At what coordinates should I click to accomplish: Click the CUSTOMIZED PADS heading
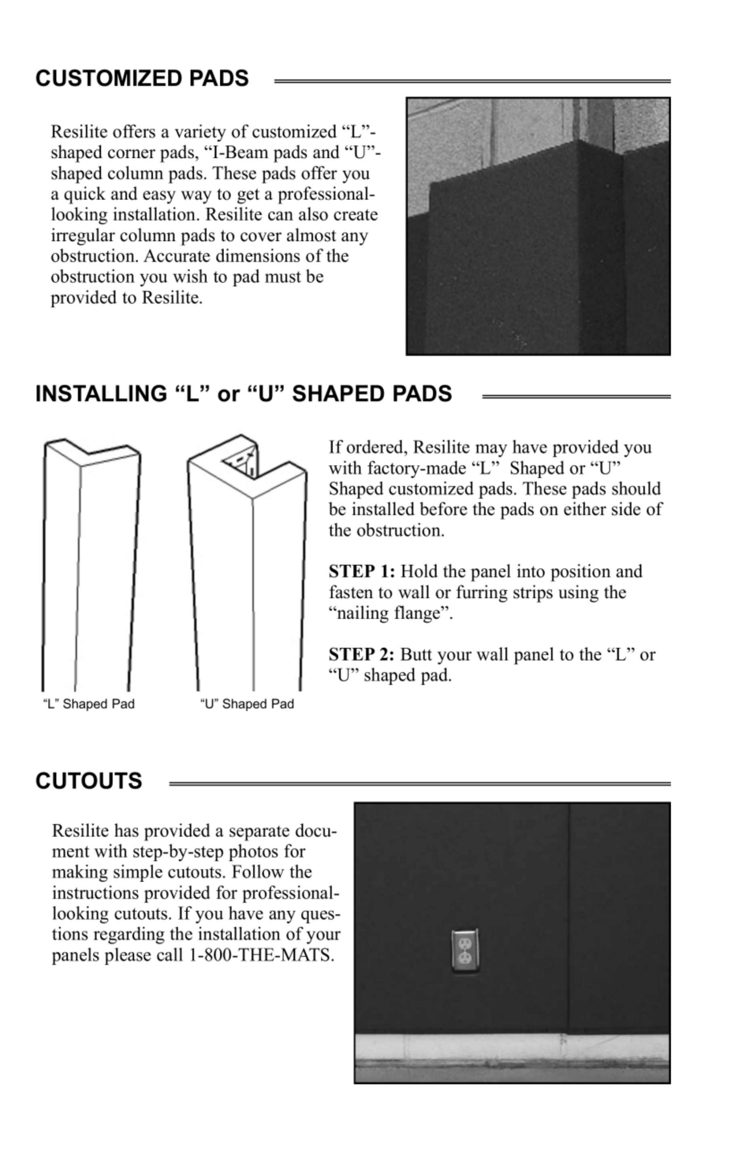tap(142, 79)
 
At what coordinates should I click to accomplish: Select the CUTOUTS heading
tap(89, 781)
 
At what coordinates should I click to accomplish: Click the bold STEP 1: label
tap(362, 572)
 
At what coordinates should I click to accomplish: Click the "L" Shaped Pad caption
tap(89, 704)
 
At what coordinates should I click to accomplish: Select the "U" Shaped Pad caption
tap(247, 704)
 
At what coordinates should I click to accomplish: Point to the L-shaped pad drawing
tap(91, 566)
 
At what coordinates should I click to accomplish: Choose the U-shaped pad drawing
tap(247, 566)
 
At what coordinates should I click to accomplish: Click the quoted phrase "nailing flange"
tap(390, 614)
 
